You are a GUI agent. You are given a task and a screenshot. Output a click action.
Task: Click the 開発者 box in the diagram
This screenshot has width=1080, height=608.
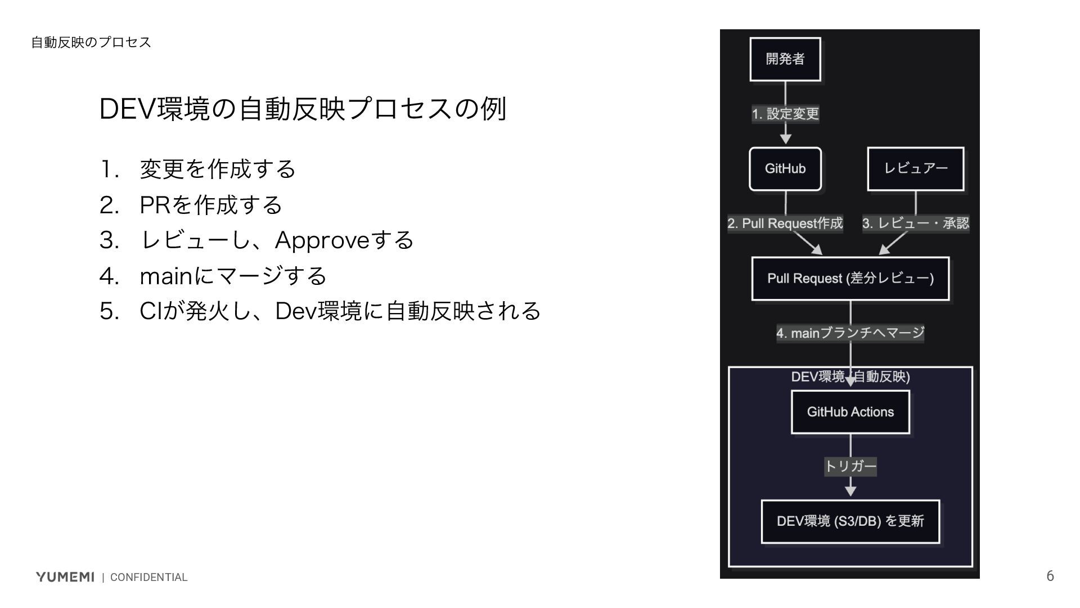pyautogui.click(x=785, y=59)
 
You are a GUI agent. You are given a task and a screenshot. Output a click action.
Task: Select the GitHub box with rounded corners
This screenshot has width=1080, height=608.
pyautogui.click(x=785, y=169)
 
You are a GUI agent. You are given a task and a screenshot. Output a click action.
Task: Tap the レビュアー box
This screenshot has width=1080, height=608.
pyautogui.click(x=915, y=169)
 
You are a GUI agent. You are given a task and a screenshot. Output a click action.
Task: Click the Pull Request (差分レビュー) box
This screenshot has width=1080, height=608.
pyautogui.click(x=850, y=279)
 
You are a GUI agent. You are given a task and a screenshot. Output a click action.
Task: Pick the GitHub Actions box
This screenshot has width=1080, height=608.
pyautogui.click(x=850, y=412)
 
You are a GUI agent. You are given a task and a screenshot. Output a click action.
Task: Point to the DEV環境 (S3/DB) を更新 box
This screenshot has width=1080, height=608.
pyautogui.click(x=850, y=521)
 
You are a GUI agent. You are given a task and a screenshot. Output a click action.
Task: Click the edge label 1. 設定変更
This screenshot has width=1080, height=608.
pyautogui.click(x=785, y=114)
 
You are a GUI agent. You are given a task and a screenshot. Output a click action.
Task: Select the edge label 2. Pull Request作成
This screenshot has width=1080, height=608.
pyautogui.click(x=785, y=223)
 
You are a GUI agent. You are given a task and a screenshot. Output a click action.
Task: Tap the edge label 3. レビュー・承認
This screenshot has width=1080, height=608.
pyautogui.click(x=915, y=223)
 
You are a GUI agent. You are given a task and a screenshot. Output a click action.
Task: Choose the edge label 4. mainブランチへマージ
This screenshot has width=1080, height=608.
pyautogui.click(x=850, y=333)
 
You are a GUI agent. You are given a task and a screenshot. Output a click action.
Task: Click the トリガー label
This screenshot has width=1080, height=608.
pyautogui.click(x=850, y=466)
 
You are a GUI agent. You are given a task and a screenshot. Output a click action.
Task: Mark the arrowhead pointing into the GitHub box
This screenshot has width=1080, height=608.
pyautogui.click(x=786, y=138)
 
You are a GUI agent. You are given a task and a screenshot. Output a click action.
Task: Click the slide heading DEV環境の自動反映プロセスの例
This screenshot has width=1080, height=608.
pyautogui.click(x=303, y=109)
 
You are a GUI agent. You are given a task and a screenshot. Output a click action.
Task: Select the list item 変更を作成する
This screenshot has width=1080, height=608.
pyautogui.click(x=217, y=169)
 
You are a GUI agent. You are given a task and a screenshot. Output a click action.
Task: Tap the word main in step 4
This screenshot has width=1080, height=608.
pyautogui.click(x=166, y=276)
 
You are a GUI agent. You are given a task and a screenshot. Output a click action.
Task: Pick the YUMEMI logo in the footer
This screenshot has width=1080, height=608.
pyautogui.click(x=65, y=577)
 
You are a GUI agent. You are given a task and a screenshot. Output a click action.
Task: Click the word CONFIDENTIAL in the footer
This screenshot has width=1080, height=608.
pyautogui.click(x=148, y=578)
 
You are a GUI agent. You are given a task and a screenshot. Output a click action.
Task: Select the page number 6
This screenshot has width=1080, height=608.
pyautogui.click(x=1050, y=576)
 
